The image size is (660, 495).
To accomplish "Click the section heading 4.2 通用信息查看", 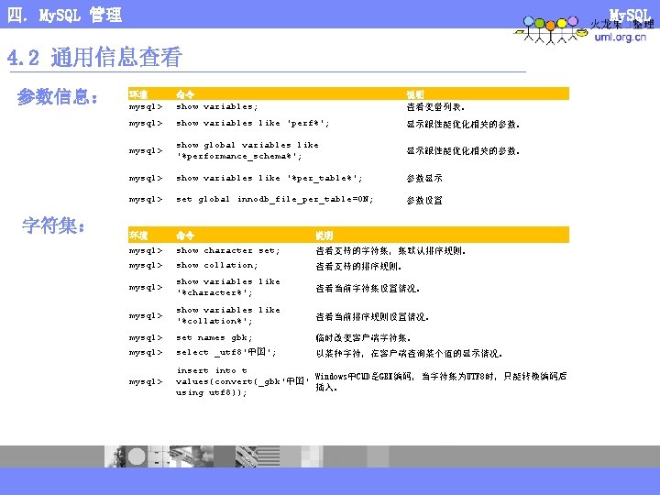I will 95,59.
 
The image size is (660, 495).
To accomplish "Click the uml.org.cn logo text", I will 621,38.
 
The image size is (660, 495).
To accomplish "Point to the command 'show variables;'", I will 217,106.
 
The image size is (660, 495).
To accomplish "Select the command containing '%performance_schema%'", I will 247,150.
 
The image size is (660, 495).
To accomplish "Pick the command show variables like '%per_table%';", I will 269,178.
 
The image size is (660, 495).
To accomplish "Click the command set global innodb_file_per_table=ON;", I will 274,199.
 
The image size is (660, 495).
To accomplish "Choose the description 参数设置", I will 424,200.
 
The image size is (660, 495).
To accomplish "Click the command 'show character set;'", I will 228,250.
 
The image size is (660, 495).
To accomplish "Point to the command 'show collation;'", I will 217,266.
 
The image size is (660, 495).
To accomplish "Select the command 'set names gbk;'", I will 214,338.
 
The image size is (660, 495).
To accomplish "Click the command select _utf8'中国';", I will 226,353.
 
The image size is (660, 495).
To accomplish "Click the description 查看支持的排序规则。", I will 358,267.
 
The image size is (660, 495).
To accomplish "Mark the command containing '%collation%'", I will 228,316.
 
